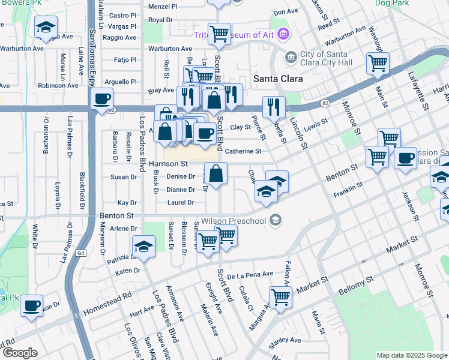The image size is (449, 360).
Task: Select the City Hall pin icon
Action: [291, 57]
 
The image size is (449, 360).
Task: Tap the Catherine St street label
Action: [243, 152]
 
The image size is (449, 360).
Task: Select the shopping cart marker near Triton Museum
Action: [220, 34]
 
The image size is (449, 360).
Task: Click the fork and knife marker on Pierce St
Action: [274, 107]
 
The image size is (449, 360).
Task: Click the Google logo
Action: [20, 353]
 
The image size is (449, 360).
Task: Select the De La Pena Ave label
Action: [250, 274]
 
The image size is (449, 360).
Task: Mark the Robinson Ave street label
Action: [58, 86]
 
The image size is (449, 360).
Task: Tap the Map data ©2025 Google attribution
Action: [411, 355]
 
